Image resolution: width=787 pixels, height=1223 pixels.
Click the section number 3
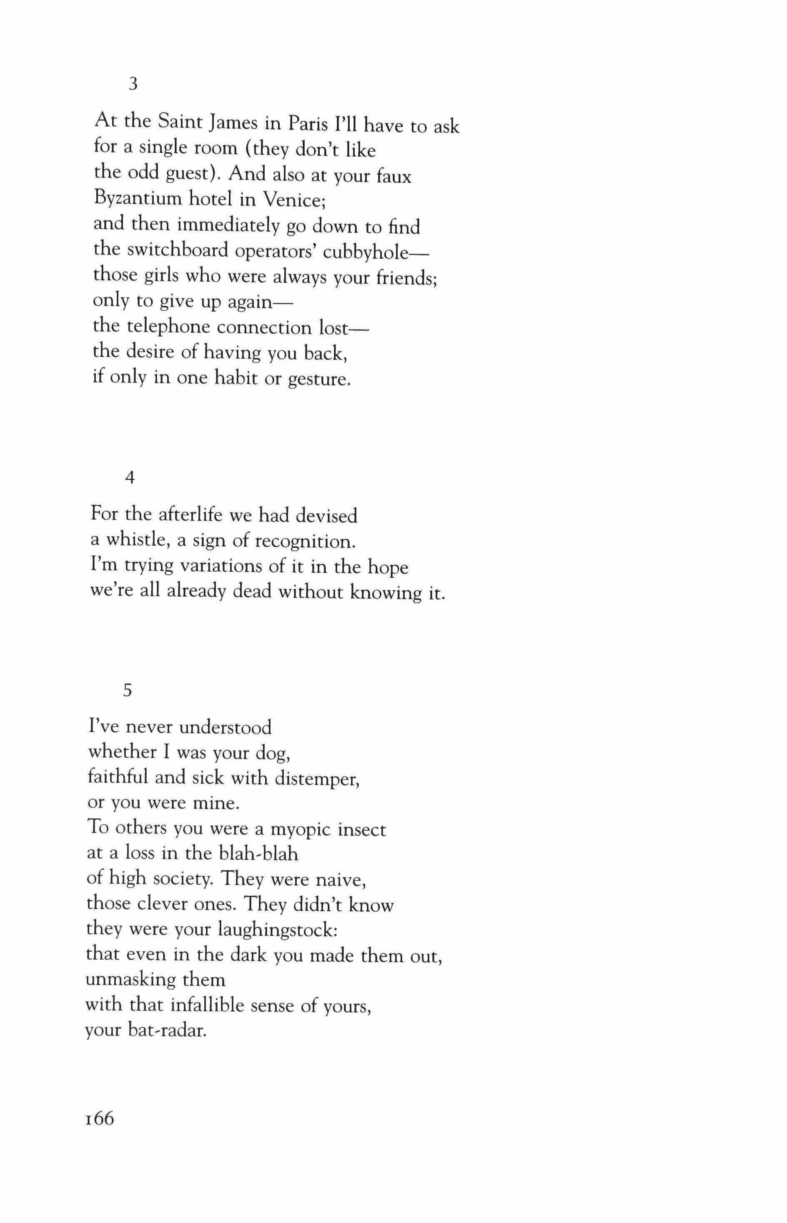point(133,84)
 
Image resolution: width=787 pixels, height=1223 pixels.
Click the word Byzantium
point(138,199)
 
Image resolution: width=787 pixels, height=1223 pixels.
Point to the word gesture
point(319,379)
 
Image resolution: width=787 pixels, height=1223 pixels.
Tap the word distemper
point(317,778)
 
